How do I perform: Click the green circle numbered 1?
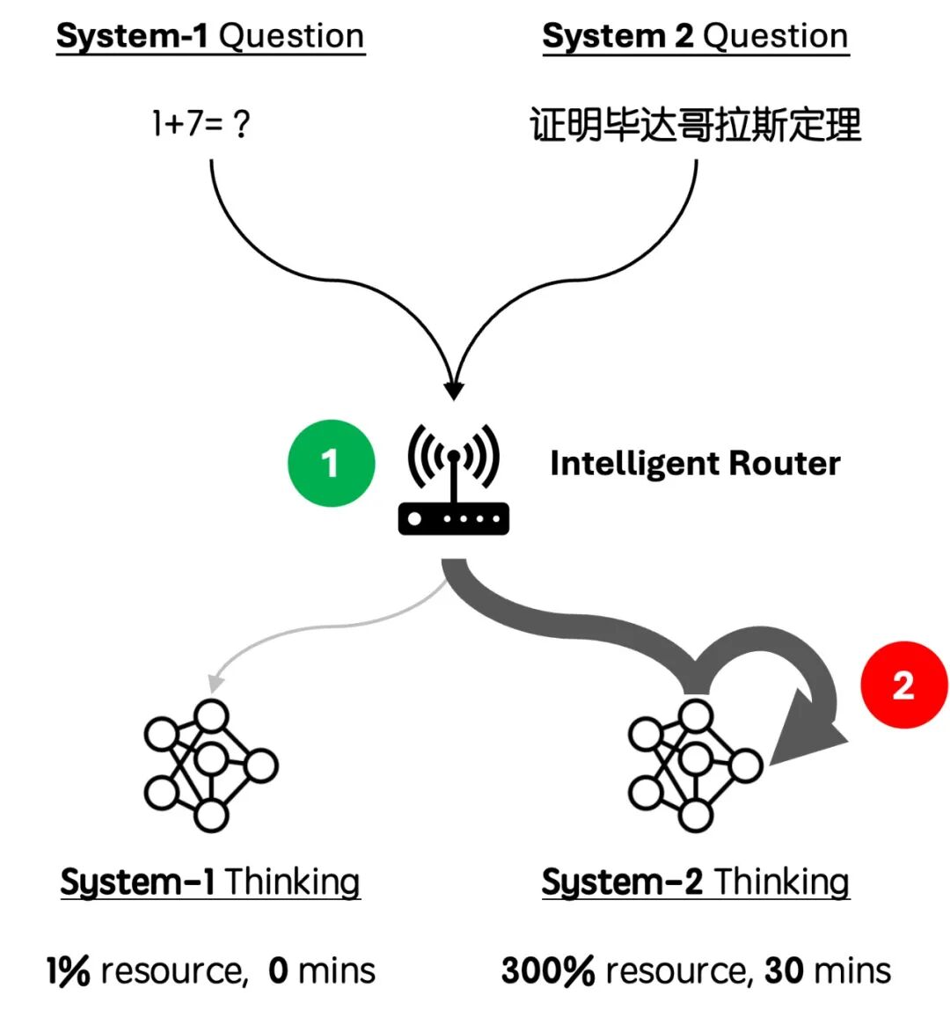[331, 464]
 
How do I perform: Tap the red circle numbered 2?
[903, 685]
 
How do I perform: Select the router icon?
[453, 482]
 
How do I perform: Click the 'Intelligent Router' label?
[695, 464]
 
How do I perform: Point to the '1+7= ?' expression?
[201, 124]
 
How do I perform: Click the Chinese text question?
[695, 125]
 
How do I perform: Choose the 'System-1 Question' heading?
[210, 37]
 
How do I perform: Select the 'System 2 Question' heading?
[695, 37]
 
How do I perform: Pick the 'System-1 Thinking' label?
[210, 882]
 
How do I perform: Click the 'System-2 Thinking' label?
[695, 882]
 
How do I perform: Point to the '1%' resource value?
[68, 971]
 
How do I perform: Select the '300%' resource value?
[548, 971]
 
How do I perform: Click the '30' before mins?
[784, 971]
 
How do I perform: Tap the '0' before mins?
[278, 971]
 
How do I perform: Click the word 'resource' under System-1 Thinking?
[172, 971]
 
